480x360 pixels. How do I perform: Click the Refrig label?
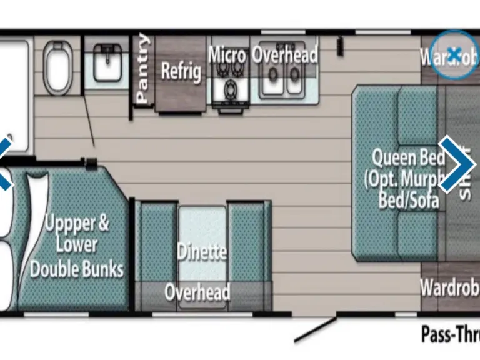(181, 70)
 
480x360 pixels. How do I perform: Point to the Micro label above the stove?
(227, 54)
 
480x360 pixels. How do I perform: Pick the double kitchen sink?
(281, 80)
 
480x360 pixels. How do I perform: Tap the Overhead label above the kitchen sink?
(285, 55)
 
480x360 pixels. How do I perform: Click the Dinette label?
(201, 252)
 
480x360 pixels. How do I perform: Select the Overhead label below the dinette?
(197, 292)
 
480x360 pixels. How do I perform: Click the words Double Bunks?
(77, 269)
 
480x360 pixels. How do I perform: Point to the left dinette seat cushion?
(156, 244)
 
